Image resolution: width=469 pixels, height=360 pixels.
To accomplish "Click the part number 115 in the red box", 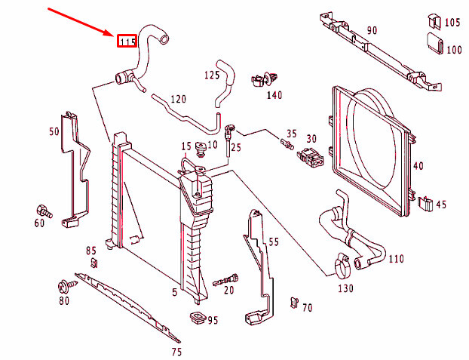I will coord(126,41).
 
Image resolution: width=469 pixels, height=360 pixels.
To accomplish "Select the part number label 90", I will coord(372,30).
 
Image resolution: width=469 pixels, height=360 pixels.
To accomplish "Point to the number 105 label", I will coord(452,23).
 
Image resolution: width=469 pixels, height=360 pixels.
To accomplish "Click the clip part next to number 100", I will coord(434,43).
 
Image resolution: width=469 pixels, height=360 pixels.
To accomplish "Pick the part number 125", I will coord(212,75).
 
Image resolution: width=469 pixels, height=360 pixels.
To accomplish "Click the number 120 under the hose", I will coord(178,100).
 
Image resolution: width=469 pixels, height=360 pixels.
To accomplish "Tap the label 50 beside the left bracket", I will coord(54,131).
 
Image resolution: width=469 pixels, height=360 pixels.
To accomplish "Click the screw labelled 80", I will coord(63,287).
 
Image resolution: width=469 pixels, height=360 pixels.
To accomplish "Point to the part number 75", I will coord(176,352).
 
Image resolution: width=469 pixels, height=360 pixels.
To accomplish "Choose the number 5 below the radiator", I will coord(174,292).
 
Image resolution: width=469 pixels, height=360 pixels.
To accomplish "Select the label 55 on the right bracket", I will coord(273,242).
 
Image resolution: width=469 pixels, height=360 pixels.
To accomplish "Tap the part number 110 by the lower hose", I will coord(396,259).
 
